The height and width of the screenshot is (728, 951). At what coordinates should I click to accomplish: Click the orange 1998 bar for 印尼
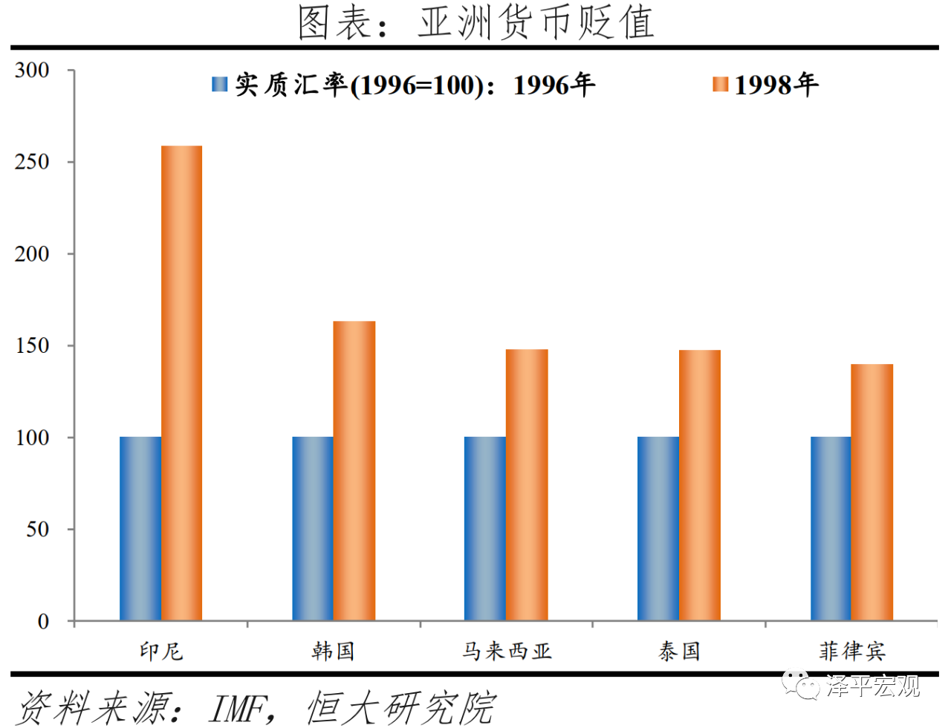(x=181, y=383)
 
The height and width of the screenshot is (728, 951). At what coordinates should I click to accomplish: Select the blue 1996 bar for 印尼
(x=140, y=528)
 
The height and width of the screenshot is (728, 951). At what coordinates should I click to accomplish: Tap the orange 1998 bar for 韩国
(x=354, y=470)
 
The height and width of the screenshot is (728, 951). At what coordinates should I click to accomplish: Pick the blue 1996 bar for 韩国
(x=312, y=528)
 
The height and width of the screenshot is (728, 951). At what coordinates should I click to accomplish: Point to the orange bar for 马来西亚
(x=527, y=484)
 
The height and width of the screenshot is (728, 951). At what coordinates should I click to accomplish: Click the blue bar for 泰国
(x=658, y=528)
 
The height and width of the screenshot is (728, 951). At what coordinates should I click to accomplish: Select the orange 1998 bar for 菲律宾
(x=872, y=492)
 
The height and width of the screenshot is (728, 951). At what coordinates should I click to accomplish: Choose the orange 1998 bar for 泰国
(x=699, y=484)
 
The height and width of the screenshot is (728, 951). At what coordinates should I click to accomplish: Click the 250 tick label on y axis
(x=32, y=162)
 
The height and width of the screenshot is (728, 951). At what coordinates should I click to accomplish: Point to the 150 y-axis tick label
(x=32, y=345)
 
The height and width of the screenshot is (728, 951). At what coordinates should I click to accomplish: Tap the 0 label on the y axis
(x=43, y=621)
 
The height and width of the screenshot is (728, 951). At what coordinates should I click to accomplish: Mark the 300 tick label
(x=32, y=71)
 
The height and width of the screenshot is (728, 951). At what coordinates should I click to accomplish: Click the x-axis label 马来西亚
(x=507, y=651)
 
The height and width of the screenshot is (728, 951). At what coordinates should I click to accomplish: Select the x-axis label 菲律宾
(x=851, y=651)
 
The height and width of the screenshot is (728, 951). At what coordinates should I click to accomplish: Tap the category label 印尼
(x=160, y=651)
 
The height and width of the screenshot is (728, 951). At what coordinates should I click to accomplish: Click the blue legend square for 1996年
(x=219, y=85)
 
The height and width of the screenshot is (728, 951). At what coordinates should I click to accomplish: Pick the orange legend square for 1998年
(x=720, y=85)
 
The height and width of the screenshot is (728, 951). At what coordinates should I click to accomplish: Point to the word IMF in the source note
(x=237, y=708)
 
